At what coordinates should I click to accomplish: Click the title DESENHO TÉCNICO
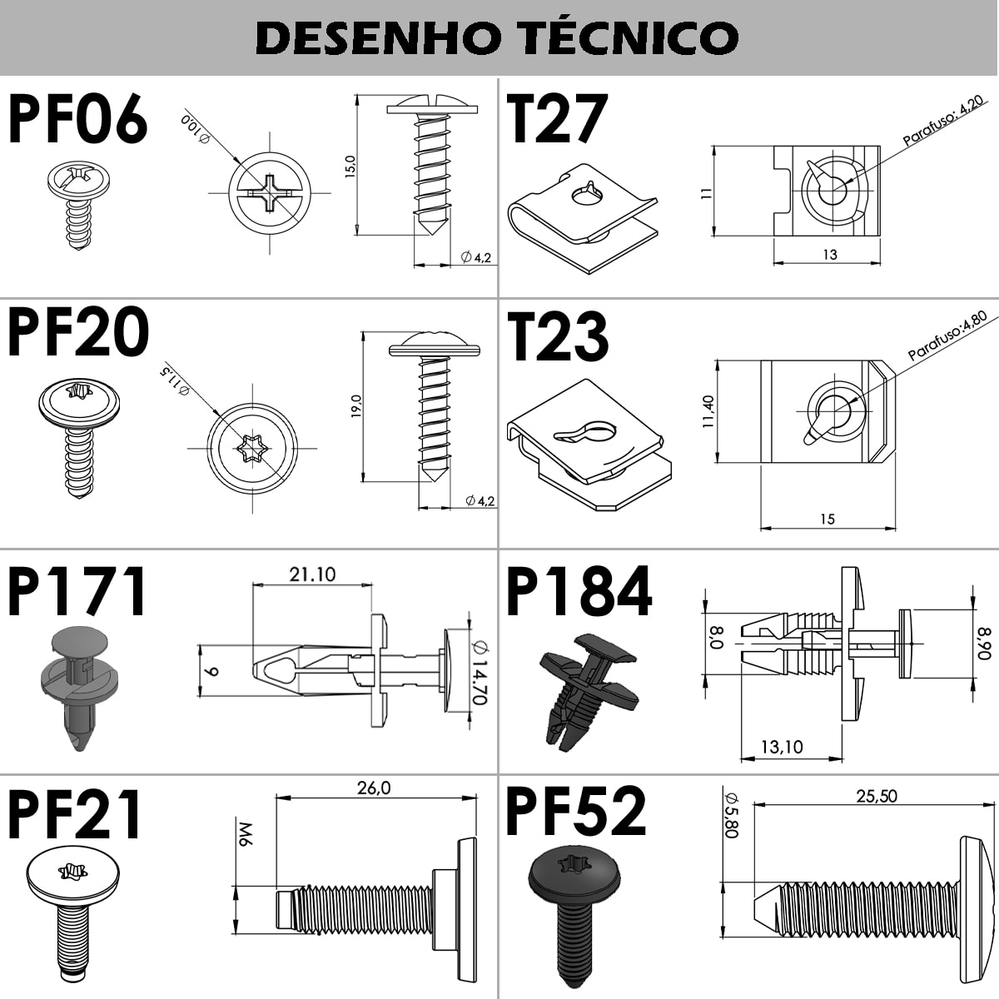point(497,37)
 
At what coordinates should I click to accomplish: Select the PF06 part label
point(77,120)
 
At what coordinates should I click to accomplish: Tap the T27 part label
point(557,120)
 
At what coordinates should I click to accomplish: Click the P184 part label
point(579,591)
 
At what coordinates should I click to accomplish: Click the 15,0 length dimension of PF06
point(350,166)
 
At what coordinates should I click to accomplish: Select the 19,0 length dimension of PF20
point(356,407)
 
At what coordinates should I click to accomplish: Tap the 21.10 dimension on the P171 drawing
point(312,574)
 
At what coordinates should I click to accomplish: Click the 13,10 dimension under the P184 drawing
point(781,747)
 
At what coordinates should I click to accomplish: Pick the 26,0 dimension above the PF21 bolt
point(373,788)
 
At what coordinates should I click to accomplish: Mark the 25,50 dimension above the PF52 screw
point(877,796)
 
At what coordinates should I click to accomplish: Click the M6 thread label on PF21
point(245,835)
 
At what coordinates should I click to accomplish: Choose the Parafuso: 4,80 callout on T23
point(947,336)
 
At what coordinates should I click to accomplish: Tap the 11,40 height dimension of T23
point(708,411)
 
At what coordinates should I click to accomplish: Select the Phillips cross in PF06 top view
point(269,194)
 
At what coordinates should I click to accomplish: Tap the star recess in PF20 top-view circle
point(251,449)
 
